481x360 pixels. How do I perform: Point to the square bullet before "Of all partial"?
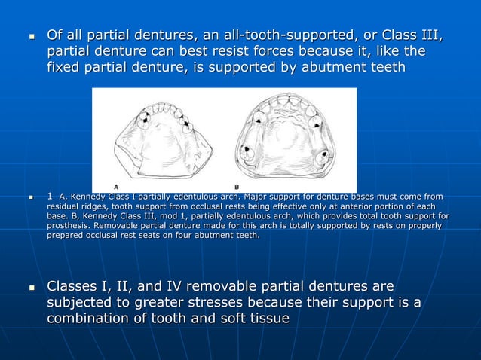click(31, 36)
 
